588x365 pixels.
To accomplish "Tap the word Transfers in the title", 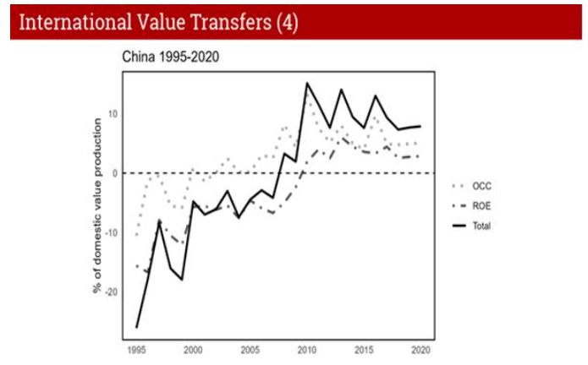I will (x=228, y=22).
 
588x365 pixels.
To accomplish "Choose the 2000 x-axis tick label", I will (x=193, y=349).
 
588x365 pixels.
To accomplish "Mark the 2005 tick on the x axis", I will (x=250, y=349).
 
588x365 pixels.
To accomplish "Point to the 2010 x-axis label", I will (x=306, y=349).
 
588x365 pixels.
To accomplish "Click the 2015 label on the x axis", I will (x=364, y=349).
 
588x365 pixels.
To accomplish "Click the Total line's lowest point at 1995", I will (x=136, y=327).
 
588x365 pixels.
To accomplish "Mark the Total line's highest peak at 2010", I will (x=306, y=83).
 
